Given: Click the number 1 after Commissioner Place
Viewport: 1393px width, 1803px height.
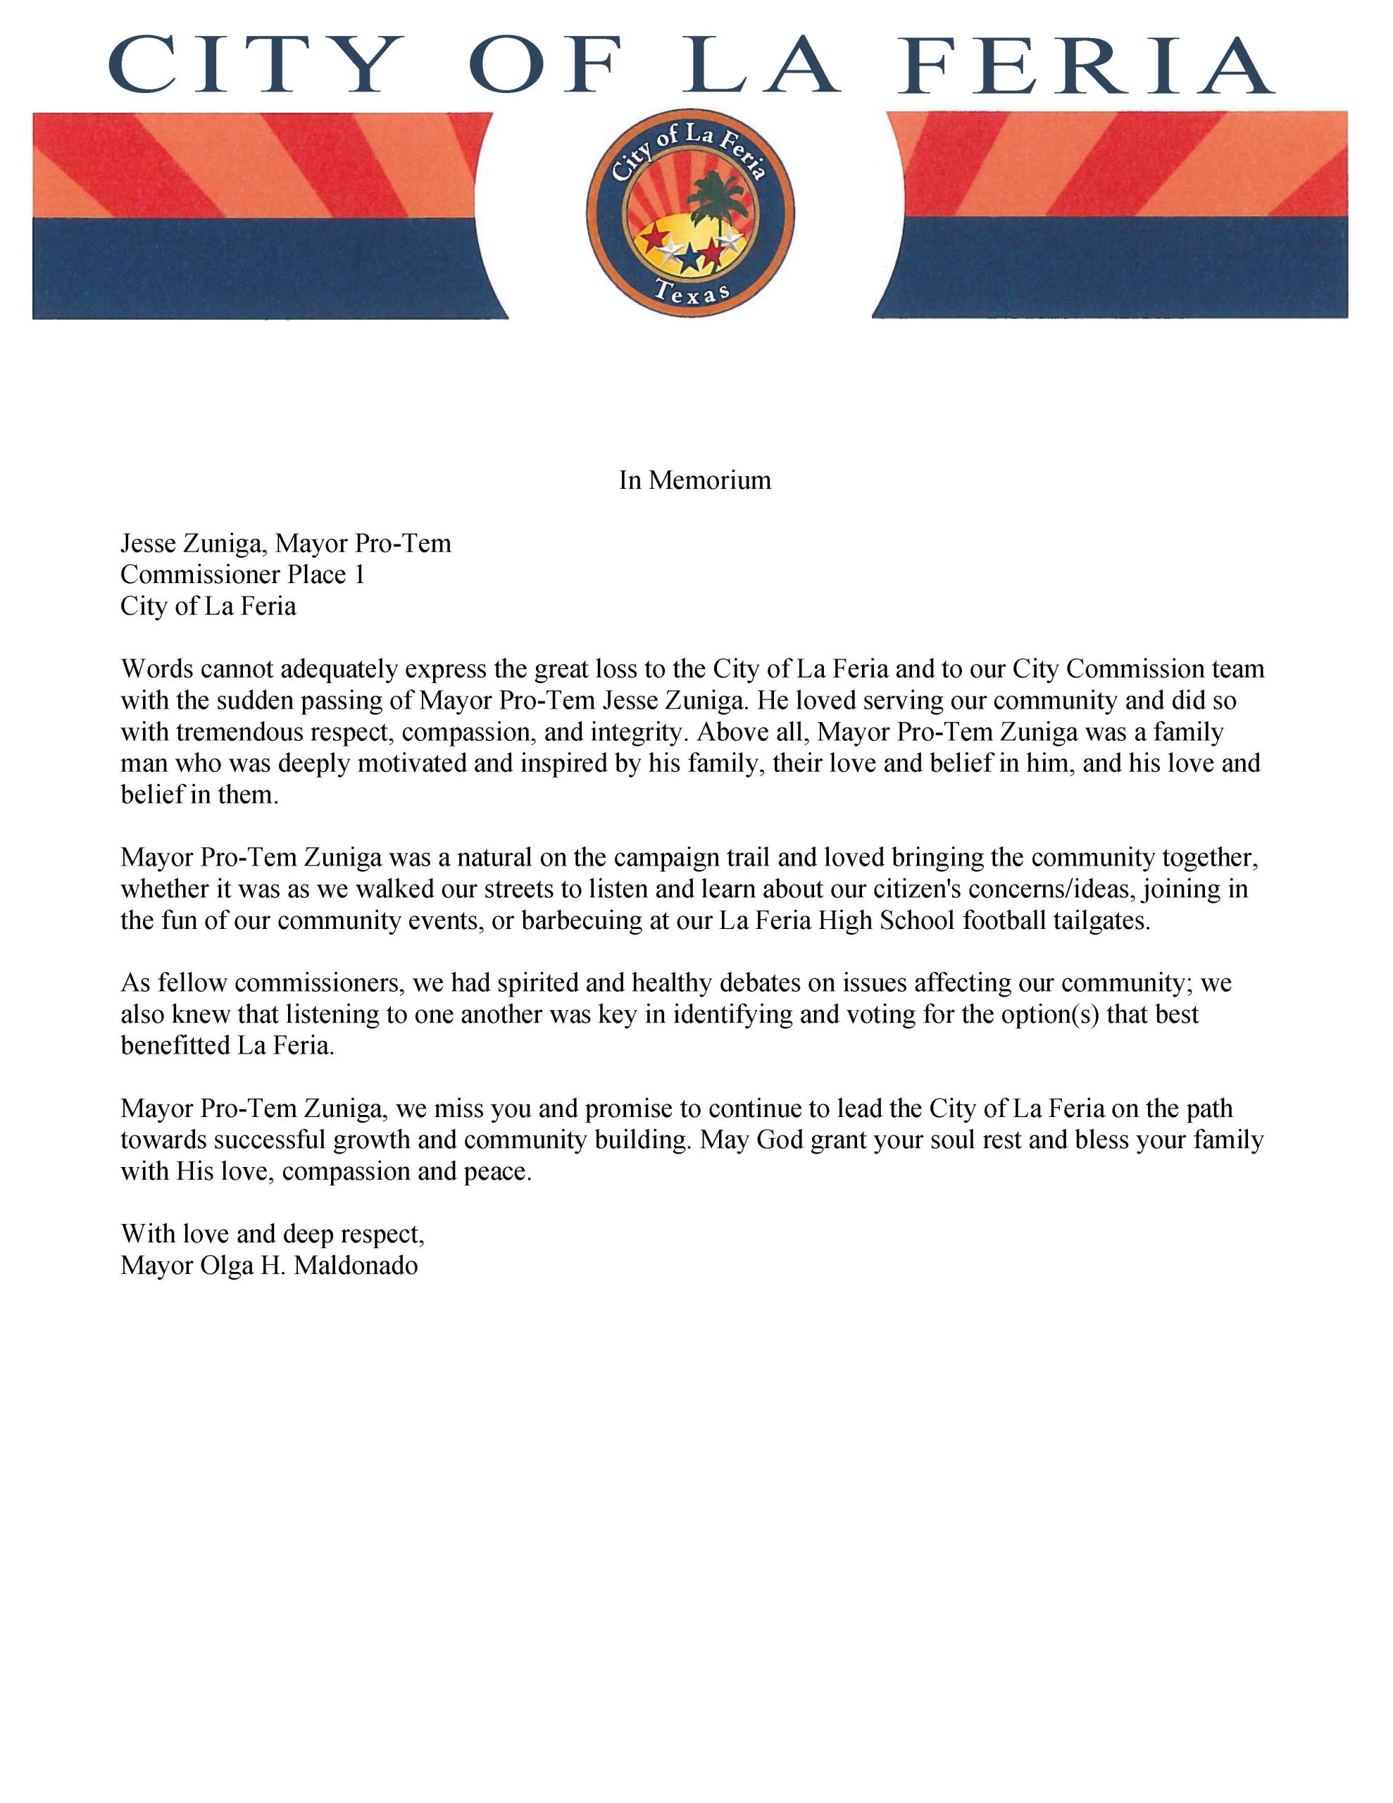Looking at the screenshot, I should point(359,575).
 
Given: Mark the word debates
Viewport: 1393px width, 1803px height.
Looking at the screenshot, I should point(758,983).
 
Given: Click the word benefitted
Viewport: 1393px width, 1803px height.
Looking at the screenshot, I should point(176,1046).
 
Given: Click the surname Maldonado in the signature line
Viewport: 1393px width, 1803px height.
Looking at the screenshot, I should point(356,1266).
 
